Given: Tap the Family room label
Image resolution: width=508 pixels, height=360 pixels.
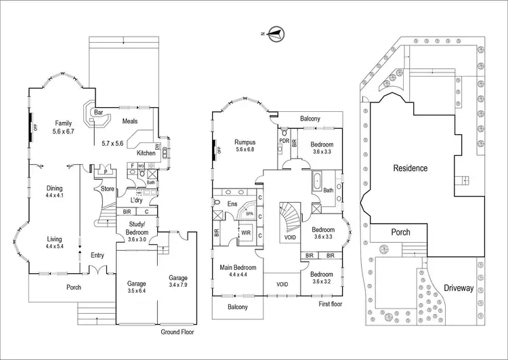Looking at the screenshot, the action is click(64, 123).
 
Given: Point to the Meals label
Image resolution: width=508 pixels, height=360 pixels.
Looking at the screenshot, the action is click(129, 121).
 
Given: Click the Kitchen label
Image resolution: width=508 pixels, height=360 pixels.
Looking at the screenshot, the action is click(146, 153).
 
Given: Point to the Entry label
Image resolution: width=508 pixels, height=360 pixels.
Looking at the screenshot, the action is click(97, 255).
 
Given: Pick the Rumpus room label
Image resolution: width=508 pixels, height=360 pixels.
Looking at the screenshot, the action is click(245, 142).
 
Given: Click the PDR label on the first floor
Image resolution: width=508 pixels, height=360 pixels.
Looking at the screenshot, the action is click(284, 141).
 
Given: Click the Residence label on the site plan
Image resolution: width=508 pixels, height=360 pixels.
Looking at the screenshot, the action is click(409, 167).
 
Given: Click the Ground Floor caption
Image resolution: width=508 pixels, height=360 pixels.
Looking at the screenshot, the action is click(178, 332).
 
